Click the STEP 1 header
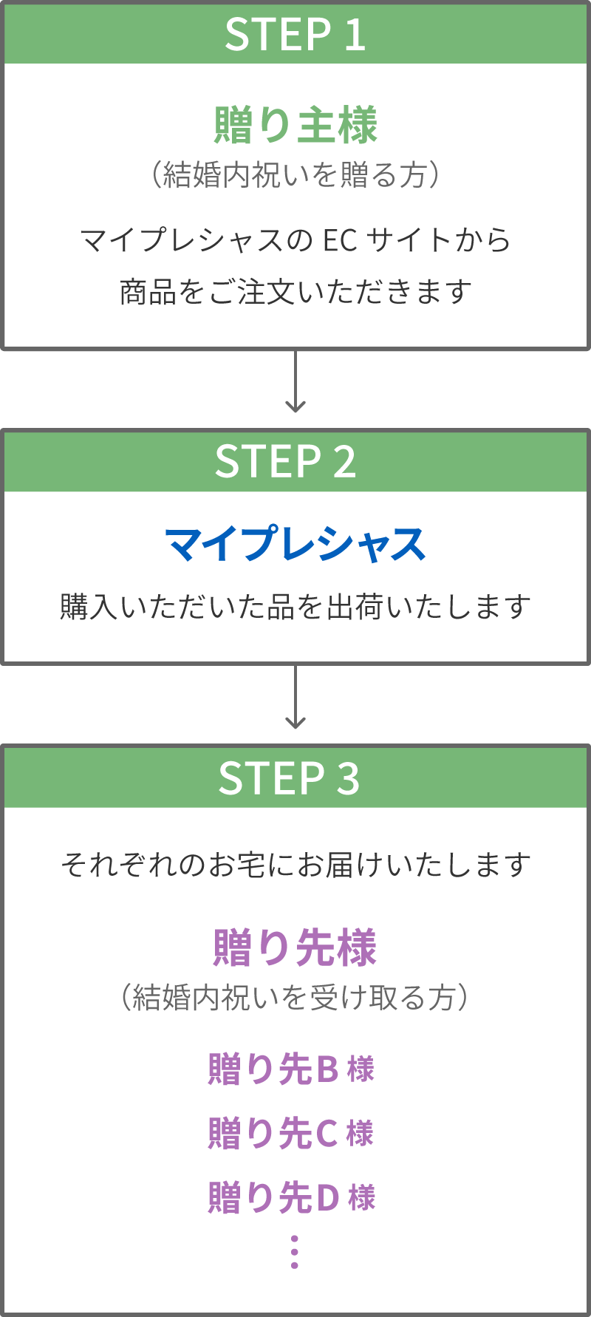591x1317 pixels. tap(295, 35)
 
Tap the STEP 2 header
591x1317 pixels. tap(286, 462)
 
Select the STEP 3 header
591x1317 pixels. tap(289, 778)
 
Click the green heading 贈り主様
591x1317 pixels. tap(295, 125)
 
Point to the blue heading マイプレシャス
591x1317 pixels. tap(295, 545)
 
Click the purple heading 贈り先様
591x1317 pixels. tap(295, 947)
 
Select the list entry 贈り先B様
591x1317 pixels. tap(291, 1069)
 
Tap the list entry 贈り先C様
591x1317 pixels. tap(291, 1133)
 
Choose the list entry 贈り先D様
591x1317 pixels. tap(291, 1197)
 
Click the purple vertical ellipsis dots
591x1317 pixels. tap(295, 1251)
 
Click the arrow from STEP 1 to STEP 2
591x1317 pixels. tap(295, 381)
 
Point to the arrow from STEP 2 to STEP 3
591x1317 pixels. tap(295, 697)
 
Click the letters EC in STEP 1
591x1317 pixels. tap(340, 240)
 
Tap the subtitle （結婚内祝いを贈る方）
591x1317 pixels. tap(295, 175)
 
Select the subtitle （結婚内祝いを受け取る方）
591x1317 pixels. tap(295, 997)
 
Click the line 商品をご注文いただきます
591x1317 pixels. tap(295, 292)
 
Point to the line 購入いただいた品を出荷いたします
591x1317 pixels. tap(295, 607)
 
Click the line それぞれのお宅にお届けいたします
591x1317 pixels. tap(295, 864)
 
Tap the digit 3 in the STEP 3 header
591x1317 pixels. tap(348, 778)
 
